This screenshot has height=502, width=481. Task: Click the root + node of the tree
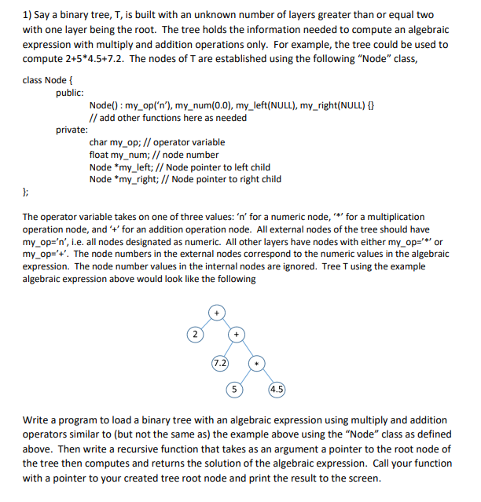[x=215, y=313]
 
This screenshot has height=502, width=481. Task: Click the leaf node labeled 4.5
[x=277, y=388]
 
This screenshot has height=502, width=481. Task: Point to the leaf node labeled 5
[x=234, y=388]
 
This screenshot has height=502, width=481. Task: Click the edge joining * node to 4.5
[x=267, y=376]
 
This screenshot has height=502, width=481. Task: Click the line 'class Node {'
[x=49, y=80]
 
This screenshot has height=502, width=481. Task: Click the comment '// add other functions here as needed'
[x=168, y=117]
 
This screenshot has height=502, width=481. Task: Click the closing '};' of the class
[x=27, y=192]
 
